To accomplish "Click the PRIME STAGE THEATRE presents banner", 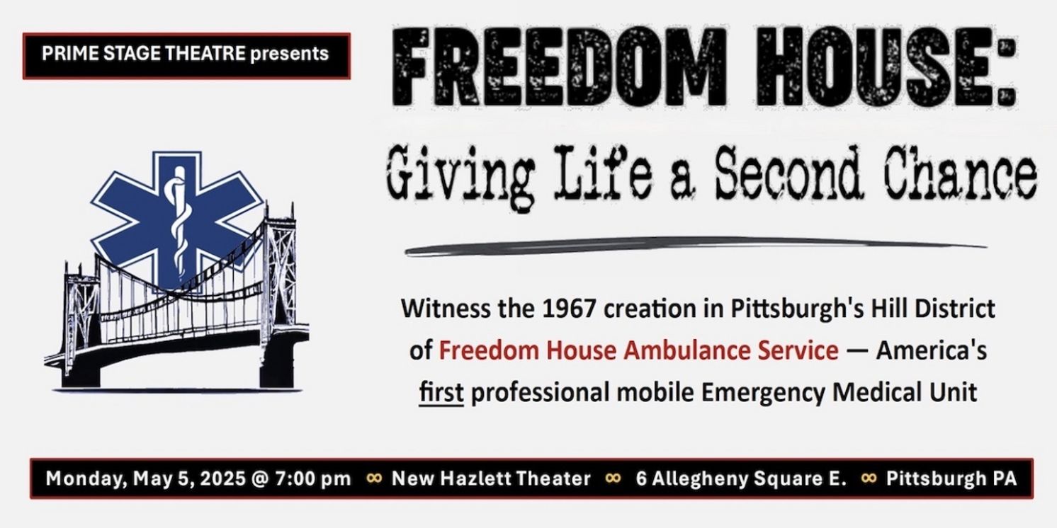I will (x=186, y=54).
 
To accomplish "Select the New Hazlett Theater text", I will (x=491, y=478).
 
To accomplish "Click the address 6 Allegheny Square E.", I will (x=741, y=478).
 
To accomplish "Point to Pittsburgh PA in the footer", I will (x=951, y=478).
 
